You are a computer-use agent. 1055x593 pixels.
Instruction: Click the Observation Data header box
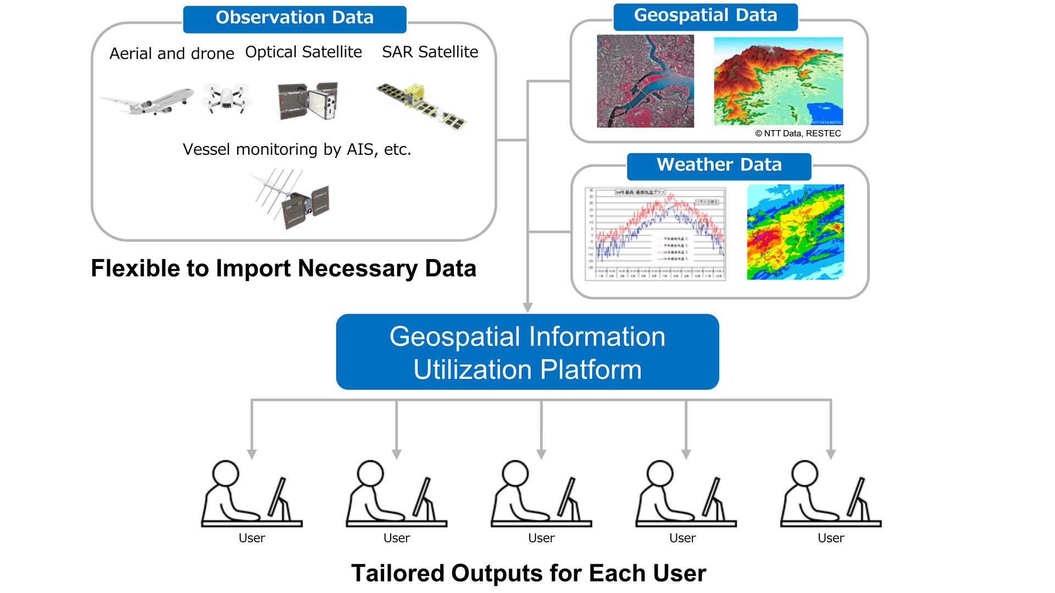(x=295, y=19)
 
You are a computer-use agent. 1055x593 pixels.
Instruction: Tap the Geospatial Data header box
(x=706, y=16)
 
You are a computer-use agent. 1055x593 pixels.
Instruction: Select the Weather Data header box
(x=719, y=166)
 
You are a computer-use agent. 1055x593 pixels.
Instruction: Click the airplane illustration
(x=147, y=102)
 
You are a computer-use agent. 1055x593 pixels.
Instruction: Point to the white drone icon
(x=226, y=99)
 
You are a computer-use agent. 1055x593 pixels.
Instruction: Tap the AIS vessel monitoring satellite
(x=291, y=199)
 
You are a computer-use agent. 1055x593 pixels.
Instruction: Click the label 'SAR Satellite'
(x=430, y=52)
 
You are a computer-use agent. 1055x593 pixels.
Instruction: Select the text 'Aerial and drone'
(x=171, y=54)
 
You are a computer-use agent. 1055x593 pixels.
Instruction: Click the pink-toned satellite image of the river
(x=645, y=81)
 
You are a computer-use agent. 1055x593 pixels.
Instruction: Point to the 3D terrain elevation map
(x=778, y=81)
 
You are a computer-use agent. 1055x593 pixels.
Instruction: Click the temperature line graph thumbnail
(x=656, y=234)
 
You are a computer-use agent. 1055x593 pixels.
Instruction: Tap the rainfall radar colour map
(x=795, y=232)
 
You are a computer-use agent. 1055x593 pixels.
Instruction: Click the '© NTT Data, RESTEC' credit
(x=798, y=133)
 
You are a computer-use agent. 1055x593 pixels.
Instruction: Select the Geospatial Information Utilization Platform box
(x=527, y=352)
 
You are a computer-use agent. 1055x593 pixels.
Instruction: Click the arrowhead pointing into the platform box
(x=527, y=307)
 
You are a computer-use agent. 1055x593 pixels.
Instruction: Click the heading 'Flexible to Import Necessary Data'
(x=284, y=268)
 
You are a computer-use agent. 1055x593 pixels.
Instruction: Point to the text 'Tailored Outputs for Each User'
(x=529, y=573)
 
